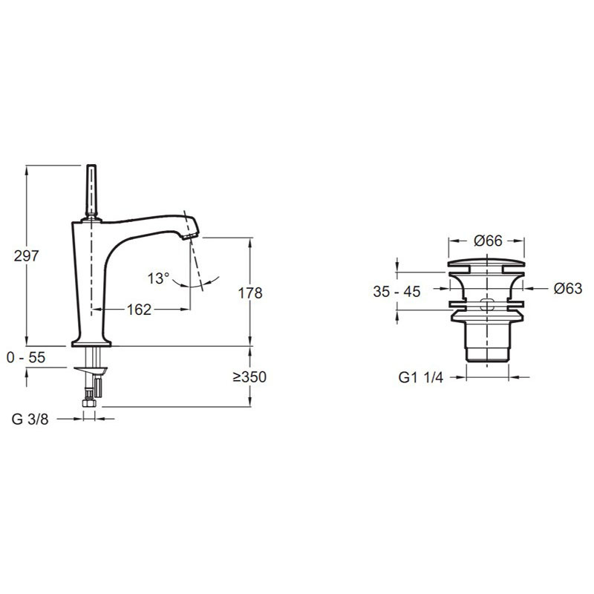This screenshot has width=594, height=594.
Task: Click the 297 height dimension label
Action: pos(26,256)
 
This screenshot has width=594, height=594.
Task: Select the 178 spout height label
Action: pos(250,293)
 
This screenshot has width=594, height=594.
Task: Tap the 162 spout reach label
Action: pos(139,310)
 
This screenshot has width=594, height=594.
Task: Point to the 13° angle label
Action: pos(158,278)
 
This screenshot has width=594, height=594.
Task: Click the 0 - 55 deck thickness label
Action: pos(26,357)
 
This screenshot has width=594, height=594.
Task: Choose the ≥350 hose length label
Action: pos(249,377)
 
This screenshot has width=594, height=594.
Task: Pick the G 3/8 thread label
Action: pos(30,419)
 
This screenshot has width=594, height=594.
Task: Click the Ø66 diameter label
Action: pos(488,241)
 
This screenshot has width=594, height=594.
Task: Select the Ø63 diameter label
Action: pos(568,289)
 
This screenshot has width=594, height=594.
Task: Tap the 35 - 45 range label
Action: pos(396,292)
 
